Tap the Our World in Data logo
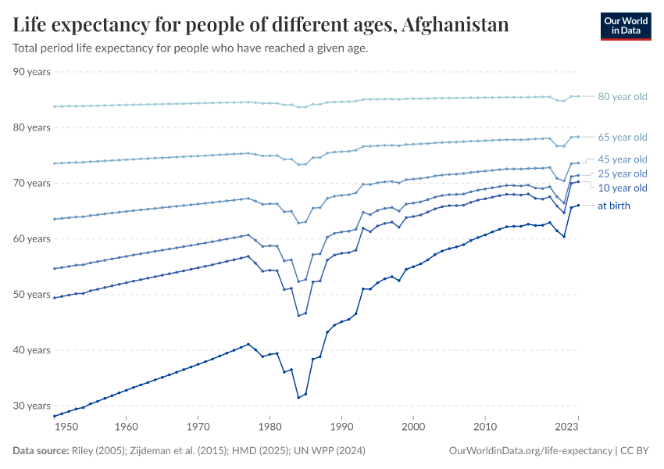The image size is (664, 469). (x=625, y=26)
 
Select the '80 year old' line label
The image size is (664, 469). (x=622, y=97)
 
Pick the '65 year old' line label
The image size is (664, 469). (x=622, y=138)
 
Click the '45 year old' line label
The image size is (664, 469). (x=622, y=159)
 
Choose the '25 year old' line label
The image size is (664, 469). (x=622, y=174)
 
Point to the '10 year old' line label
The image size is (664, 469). (x=622, y=188)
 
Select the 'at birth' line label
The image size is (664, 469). (x=613, y=206)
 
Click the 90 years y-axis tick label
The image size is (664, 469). (x=32, y=72)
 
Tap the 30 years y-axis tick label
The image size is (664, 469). (x=32, y=406)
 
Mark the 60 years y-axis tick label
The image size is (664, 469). (x=32, y=239)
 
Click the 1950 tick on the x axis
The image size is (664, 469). (x=66, y=427)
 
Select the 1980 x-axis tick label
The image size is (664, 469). (x=270, y=427)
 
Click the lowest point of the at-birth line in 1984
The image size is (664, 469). (x=298, y=398)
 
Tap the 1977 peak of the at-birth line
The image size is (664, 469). (x=248, y=344)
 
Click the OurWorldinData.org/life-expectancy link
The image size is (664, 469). (x=531, y=451)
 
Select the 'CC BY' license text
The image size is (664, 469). (x=635, y=451)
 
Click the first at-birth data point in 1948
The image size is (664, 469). (x=54, y=416)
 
